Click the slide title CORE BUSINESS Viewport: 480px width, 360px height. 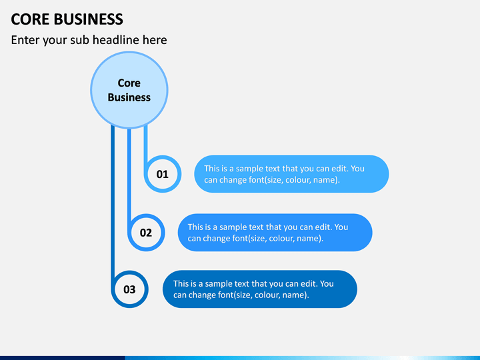[67, 19]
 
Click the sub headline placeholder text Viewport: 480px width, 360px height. [89, 40]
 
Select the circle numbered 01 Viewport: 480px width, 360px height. [163, 175]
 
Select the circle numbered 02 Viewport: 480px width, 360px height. [146, 233]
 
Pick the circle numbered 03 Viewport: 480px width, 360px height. [129, 289]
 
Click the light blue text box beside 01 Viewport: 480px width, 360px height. [291, 174]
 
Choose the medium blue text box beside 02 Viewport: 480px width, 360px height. [275, 233]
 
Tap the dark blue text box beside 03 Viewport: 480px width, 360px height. [260, 289]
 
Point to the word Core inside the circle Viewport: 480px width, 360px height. [129, 83]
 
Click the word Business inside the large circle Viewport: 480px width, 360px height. [129, 97]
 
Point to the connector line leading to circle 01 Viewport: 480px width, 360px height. [146, 143]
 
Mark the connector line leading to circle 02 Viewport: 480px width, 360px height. [129, 173]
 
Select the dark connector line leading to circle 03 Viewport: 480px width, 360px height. [113, 200]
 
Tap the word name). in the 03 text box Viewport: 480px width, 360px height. [295, 295]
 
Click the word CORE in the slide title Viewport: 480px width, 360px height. [26, 19]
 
